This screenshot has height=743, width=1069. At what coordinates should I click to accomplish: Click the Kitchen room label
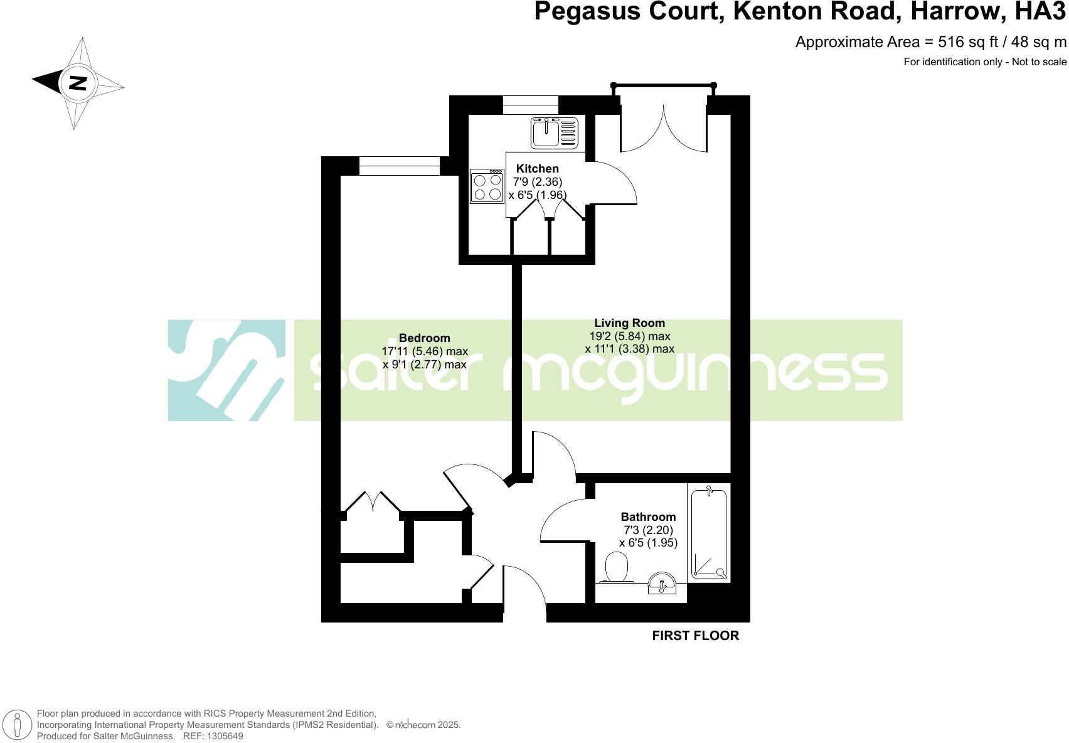click(537, 168)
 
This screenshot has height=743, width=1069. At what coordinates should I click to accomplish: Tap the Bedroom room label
click(424, 338)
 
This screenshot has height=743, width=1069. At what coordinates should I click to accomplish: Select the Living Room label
click(629, 323)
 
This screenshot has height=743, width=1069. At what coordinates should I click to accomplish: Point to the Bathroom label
click(648, 517)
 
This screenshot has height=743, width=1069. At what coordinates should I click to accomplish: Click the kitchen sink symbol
click(555, 132)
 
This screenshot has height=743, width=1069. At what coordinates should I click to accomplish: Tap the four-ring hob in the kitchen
click(487, 186)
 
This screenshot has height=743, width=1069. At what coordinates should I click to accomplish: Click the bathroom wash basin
click(661, 583)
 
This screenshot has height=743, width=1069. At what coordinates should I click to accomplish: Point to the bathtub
click(709, 533)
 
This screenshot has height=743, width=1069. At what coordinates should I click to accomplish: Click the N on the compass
click(78, 83)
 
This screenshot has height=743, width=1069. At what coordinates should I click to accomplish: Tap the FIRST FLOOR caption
click(695, 636)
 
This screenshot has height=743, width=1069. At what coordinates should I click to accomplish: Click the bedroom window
click(400, 166)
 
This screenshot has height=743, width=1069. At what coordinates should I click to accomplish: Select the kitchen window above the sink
click(530, 105)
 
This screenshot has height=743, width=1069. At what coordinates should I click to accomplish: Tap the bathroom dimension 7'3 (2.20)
click(648, 530)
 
